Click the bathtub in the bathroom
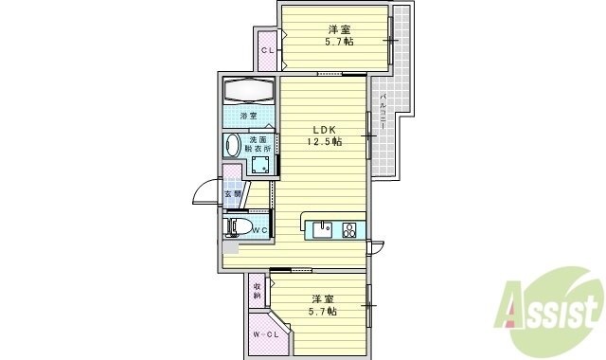[x=248, y=92]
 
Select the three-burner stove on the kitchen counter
[x=349, y=228]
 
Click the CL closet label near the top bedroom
[x=267, y=49]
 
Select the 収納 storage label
[x=257, y=291]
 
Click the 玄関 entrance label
[x=230, y=195]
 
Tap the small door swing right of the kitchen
[x=377, y=248]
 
